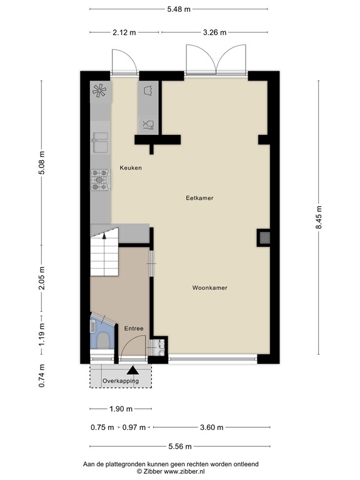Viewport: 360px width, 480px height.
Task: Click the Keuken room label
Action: click(x=131, y=167)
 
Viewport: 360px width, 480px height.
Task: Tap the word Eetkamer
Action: click(x=200, y=198)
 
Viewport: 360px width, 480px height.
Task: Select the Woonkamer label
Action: click(x=209, y=288)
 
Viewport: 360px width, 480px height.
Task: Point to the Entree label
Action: click(x=134, y=329)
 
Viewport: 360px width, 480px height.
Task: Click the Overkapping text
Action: click(x=121, y=381)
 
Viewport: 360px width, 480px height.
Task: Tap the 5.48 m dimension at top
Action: click(x=179, y=9)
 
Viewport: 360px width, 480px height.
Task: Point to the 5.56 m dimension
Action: click(x=179, y=446)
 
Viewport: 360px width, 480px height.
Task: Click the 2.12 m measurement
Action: click(x=123, y=32)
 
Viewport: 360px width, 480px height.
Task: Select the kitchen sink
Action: click(x=100, y=143)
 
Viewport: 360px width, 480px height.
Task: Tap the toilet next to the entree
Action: click(x=101, y=339)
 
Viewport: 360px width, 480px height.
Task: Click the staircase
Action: click(x=104, y=254)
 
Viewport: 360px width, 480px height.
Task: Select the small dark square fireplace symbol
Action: click(x=264, y=237)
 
